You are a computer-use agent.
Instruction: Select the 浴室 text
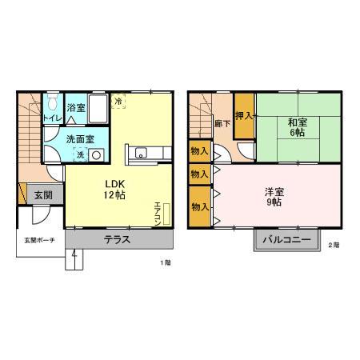(76, 107)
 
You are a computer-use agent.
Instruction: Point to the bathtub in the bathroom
(98, 107)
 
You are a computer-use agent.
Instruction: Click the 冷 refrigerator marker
(118, 102)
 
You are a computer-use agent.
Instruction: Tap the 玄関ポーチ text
(37, 241)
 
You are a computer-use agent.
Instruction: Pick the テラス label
(117, 240)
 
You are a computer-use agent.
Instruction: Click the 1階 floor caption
(165, 262)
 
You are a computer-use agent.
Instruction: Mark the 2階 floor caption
(333, 246)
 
